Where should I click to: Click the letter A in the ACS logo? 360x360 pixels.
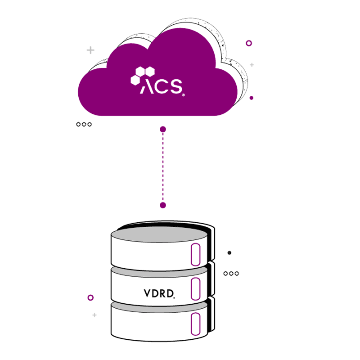(148, 86)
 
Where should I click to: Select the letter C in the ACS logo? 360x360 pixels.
(162, 86)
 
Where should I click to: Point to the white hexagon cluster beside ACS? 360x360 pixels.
(142, 75)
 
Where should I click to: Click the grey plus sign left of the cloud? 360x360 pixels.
(90, 50)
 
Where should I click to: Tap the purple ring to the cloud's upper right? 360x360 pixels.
(249, 43)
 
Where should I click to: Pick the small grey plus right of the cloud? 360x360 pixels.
(252, 65)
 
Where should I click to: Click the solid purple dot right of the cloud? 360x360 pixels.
(251, 98)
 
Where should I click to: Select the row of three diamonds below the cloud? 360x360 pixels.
(84, 124)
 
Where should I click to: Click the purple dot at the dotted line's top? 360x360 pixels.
(163, 129)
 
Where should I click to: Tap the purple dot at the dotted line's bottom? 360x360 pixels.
(163, 205)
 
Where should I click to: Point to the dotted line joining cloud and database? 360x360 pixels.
(163, 167)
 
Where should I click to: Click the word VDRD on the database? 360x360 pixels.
(158, 293)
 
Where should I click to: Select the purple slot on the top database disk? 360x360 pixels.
(195, 255)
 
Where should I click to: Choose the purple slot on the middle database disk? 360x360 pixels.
(195, 289)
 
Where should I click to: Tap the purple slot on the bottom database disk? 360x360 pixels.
(195, 324)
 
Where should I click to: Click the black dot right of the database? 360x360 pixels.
(229, 253)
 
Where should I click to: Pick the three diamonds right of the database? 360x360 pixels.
(231, 273)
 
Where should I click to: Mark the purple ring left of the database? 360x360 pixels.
(90, 297)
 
